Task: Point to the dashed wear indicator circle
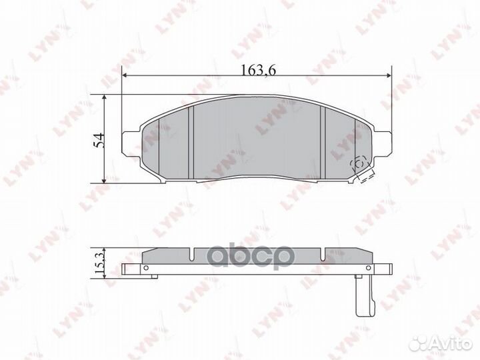point(358,162)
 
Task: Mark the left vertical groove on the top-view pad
point(191,142)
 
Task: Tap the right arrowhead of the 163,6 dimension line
point(388,77)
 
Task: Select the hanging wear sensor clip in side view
point(363,297)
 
